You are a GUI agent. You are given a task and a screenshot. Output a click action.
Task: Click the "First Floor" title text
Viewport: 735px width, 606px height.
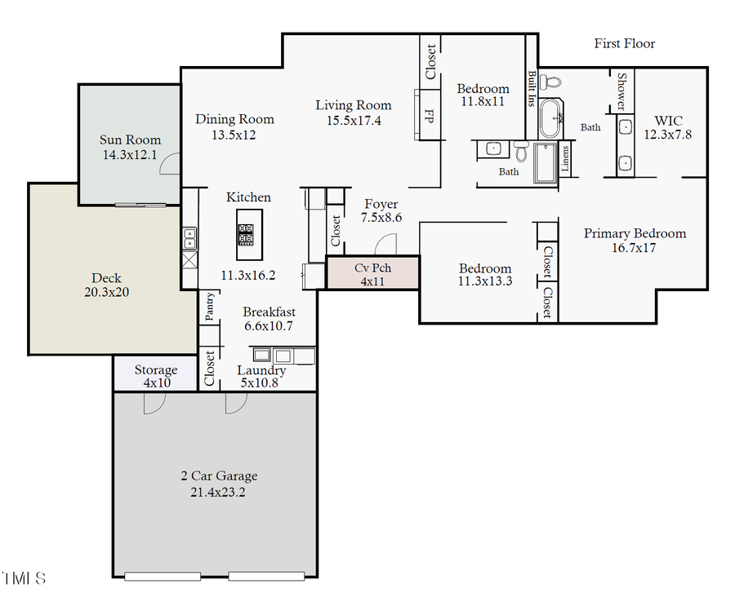(x=624, y=43)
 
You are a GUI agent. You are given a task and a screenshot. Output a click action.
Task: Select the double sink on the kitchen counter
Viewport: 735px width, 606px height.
(x=189, y=238)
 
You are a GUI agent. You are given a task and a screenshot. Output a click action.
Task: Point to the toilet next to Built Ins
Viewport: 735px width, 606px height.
(x=553, y=82)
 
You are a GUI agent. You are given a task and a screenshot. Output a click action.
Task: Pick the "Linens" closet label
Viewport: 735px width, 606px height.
(x=566, y=161)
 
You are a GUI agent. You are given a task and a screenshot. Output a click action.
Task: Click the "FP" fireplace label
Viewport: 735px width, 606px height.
(x=427, y=115)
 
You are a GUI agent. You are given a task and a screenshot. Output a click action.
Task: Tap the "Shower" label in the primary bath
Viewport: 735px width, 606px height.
(x=621, y=91)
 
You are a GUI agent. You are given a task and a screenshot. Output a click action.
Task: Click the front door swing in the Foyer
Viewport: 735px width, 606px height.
(x=385, y=243)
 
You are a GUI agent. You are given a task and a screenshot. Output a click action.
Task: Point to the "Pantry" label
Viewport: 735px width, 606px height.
(x=209, y=307)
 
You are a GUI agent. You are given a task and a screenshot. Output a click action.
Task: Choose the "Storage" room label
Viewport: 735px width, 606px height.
(x=155, y=369)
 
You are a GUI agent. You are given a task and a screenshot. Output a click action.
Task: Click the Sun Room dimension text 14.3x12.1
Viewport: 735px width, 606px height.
(x=131, y=154)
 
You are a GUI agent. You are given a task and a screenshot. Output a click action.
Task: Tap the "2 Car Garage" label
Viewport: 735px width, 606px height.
(x=219, y=476)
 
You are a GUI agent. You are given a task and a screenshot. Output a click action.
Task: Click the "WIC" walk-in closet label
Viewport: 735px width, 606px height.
(x=667, y=121)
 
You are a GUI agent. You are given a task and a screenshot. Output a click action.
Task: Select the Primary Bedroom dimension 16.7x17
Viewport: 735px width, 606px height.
(x=635, y=248)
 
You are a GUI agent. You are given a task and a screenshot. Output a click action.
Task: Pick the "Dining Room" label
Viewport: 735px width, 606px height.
(x=234, y=119)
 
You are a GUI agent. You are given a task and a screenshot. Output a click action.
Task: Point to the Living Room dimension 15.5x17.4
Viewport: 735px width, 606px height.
(x=354, y=120)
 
